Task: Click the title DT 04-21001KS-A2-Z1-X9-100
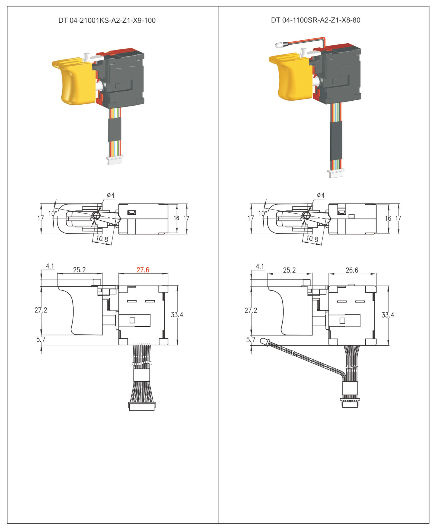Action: pos(107,20)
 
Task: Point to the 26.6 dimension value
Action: pos(352,270)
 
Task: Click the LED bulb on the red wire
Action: pos(279,45)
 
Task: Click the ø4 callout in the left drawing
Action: pos(111,195)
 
